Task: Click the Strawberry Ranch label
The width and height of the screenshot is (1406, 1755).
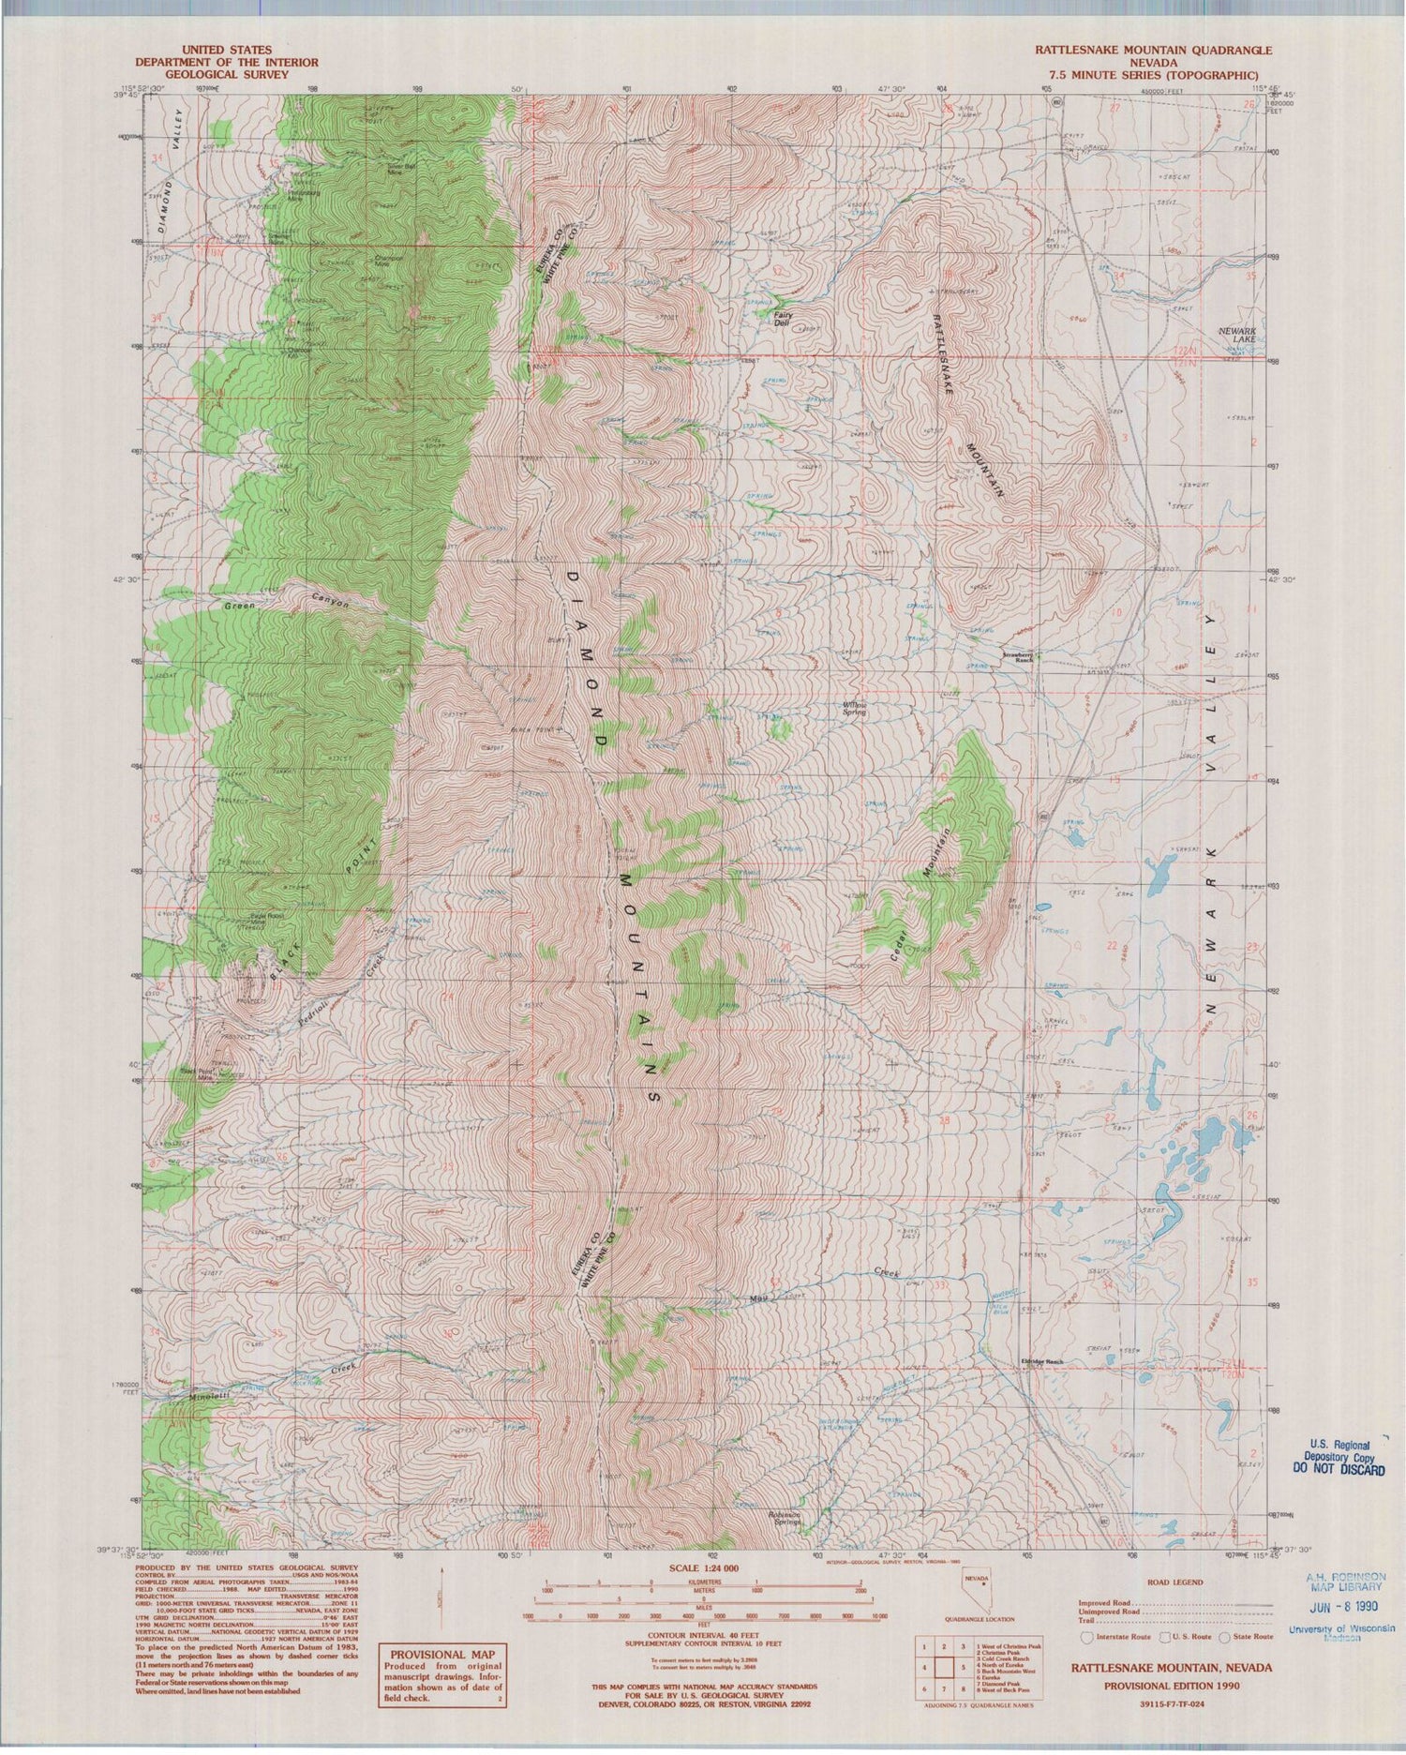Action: point(1017,658)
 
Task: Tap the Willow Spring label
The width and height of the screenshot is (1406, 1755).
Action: point(853,709)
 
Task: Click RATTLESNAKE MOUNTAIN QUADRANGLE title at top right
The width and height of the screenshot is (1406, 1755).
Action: point(1152,50)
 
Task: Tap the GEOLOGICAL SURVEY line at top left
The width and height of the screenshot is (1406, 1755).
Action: point(226,74)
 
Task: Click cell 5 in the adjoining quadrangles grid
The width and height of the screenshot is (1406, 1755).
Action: point(961,1668)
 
